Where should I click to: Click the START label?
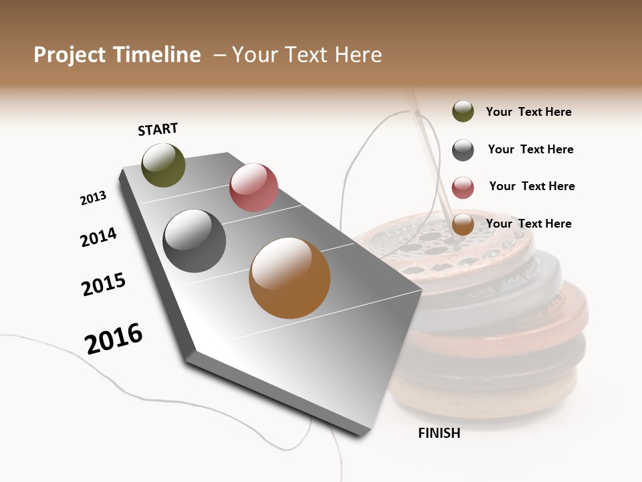(x=158, y=129)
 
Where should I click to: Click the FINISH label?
(x=439, y=433)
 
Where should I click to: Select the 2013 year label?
(x=93, y=198)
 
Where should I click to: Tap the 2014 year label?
(x=98, y=237)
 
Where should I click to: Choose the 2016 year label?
(x=114, y=338)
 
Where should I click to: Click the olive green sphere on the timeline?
(x=163, y=165)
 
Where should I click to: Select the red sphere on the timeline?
(x=253, y=187)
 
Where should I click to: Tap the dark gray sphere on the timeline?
(x=194, y=241)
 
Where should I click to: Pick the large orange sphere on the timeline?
(x=290, y=278)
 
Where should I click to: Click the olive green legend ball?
(x=463, y=112)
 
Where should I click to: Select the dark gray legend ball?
(x=463, y=150)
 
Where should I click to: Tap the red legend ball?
(x=463, y=187)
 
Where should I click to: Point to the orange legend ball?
(x=463, y=225)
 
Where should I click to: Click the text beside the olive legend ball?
(x=528, y=112)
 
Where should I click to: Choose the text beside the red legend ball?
(x=532, y=186)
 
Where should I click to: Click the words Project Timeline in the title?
(x=117, y=55)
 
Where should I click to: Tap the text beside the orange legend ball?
(x=528, y=224)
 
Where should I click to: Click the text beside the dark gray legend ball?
(x=530, y=149)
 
